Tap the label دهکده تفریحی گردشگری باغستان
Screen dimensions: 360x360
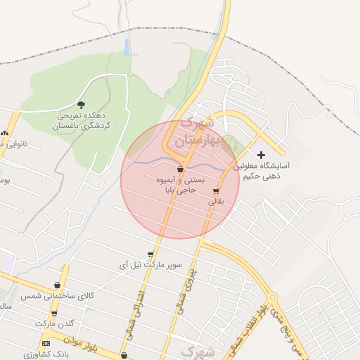[82, 121]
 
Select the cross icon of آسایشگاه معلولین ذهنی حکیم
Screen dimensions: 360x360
[262, 154]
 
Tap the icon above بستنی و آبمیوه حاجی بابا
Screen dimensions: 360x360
[181, 169]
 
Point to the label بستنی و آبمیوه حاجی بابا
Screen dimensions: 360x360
[181, 185]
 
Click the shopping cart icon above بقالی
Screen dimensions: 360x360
[216, 191]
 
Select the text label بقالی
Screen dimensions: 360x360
[216, 201]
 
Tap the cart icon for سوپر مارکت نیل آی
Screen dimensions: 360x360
[150, 255]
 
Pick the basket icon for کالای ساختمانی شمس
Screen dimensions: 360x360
[57, 285]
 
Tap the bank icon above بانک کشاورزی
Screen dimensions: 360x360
[46, 343]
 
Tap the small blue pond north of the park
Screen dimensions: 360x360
[126, 47]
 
